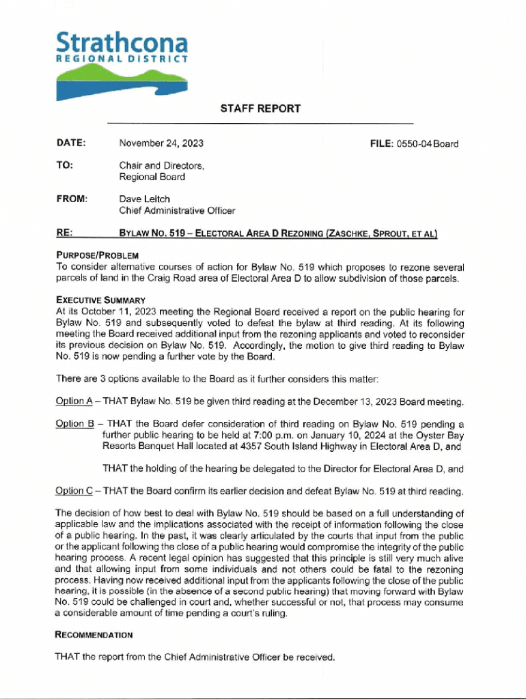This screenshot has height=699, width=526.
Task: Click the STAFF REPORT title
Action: [x=260, y=109]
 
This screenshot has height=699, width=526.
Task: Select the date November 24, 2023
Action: [x=161, y=143]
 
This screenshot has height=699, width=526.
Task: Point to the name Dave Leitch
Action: [x=144, y=199]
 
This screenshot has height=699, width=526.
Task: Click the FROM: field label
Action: [x=71, y=199]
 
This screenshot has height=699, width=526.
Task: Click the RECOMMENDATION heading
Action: [x=94, y=635]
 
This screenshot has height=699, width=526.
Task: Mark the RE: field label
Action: [x=65, y=233]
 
